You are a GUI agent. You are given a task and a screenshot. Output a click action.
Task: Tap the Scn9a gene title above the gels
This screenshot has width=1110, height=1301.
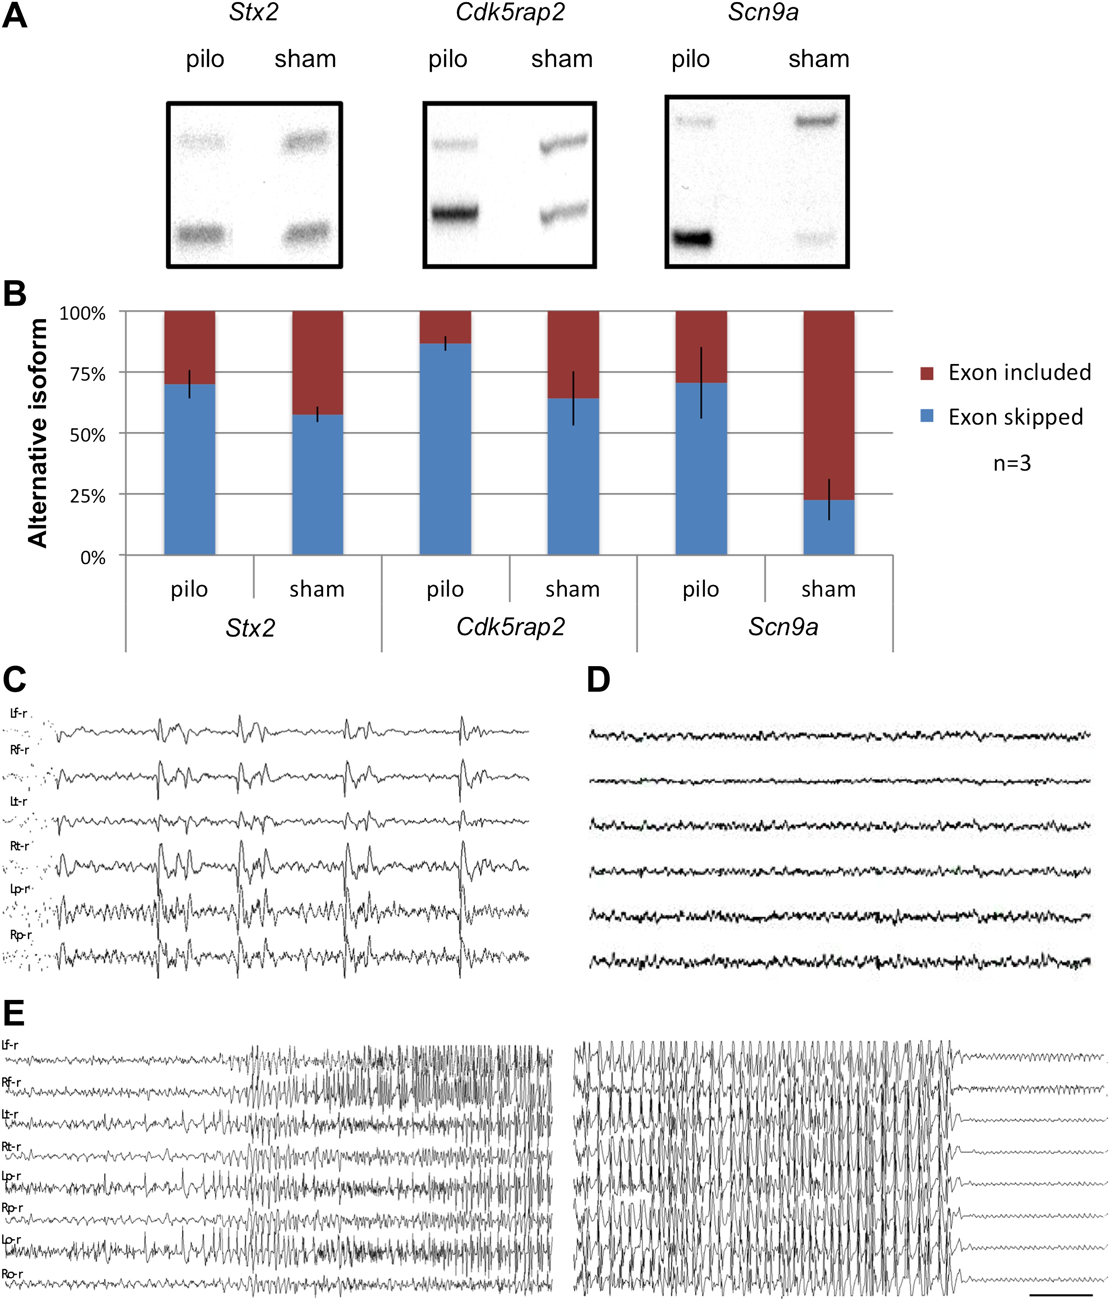(763, 13)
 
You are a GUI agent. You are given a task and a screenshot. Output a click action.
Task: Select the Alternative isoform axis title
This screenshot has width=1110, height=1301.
(38, 433)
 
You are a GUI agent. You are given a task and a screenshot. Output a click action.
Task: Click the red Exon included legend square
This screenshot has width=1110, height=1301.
(927, 374)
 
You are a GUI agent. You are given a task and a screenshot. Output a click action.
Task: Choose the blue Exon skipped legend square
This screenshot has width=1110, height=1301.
(927, 416)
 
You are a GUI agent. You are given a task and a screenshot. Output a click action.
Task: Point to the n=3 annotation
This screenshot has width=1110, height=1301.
(1012, 463)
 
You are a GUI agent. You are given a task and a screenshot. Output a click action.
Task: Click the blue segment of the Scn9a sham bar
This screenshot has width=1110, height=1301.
(829, 527)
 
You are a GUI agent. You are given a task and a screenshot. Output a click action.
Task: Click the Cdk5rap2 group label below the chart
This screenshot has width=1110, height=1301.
(510, 627)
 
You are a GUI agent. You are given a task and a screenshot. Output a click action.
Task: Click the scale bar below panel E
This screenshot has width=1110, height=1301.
(1061, 1294)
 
